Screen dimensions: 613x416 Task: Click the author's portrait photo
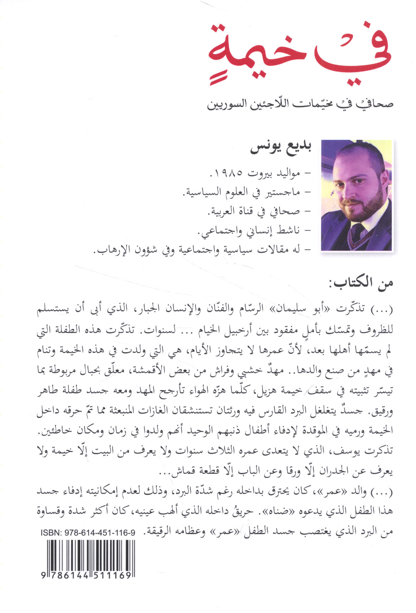356,195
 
